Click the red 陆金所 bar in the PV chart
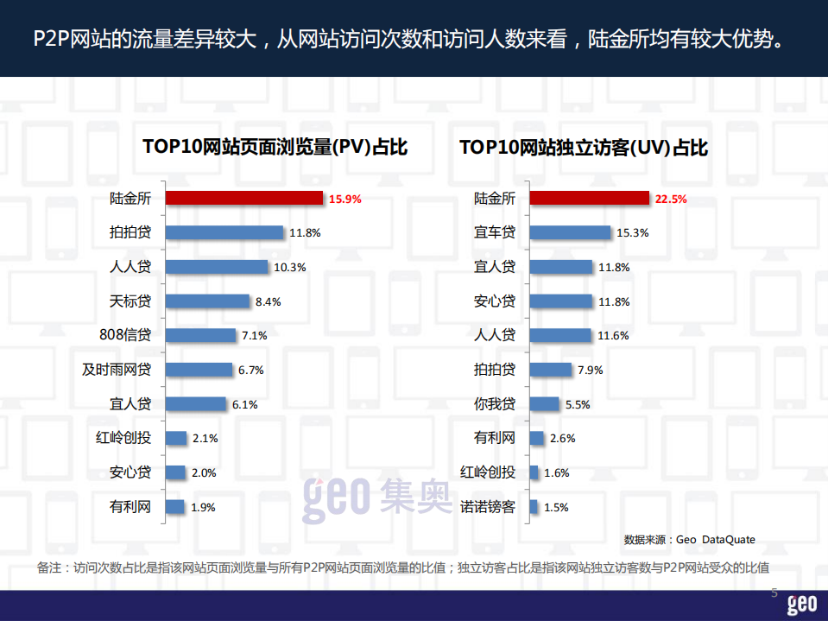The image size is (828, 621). (x=243, y=198)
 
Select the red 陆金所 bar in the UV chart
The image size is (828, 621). (x=589, y=198)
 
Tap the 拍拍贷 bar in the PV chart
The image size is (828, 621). (x=224, y=232)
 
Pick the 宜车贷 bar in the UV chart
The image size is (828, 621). (x=570, y=232)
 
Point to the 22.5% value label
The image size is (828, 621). (x=671, y=199)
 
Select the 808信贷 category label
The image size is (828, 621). (x=126, y=335)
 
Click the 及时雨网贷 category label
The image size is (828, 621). (x=117, y=370)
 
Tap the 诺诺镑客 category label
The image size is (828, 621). (x=488, y=507)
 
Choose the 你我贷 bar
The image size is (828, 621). (x=544, y=403)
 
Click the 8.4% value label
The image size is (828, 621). (x=269, y=302)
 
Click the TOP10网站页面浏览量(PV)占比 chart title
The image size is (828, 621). (x=275, y=148)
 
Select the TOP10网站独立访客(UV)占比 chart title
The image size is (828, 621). (x=584, y=148)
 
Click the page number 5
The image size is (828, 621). (x=774, y=594)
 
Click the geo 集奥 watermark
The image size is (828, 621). (x=376, y=498)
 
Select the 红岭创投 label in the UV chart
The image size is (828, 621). (x=488, y=472)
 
